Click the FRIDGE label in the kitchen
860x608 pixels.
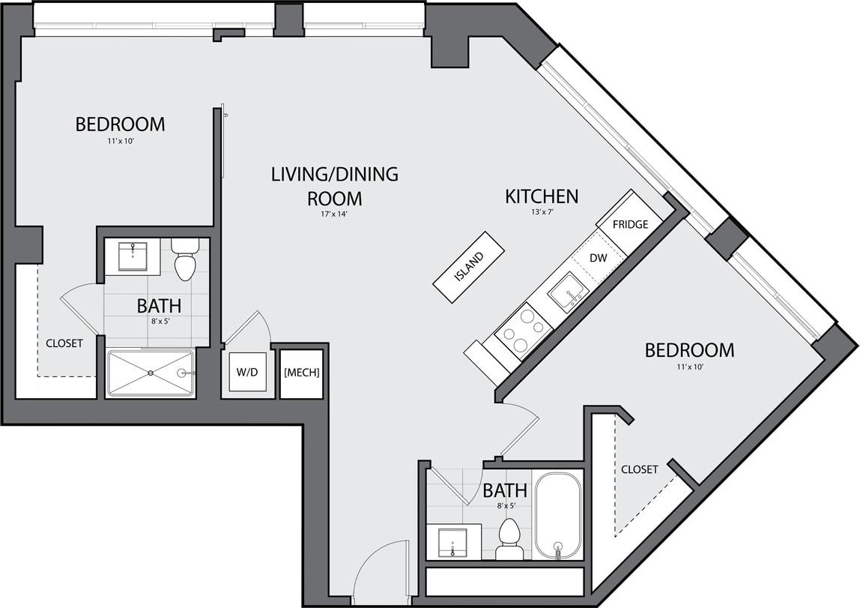click(x=630, y=224)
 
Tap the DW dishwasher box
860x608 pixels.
click(x=599, y=257)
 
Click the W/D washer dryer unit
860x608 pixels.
click(x=246, y=372)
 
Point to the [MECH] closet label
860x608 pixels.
click(x=302, y=372)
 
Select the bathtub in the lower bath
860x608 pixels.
click(x=557, y=514)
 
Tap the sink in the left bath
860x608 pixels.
click(x=132, y=256)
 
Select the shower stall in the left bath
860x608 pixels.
click(x=151, y=373)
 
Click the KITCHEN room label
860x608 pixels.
click(x=542, y=196)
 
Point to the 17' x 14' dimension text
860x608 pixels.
click(x=334, y=214)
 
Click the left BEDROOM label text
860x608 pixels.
click(x=120, y=124)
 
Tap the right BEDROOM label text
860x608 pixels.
click(x=689, y=350)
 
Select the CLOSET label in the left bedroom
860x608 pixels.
click(x=64, y=343)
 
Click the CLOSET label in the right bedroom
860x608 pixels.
click(x=639, y=469)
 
